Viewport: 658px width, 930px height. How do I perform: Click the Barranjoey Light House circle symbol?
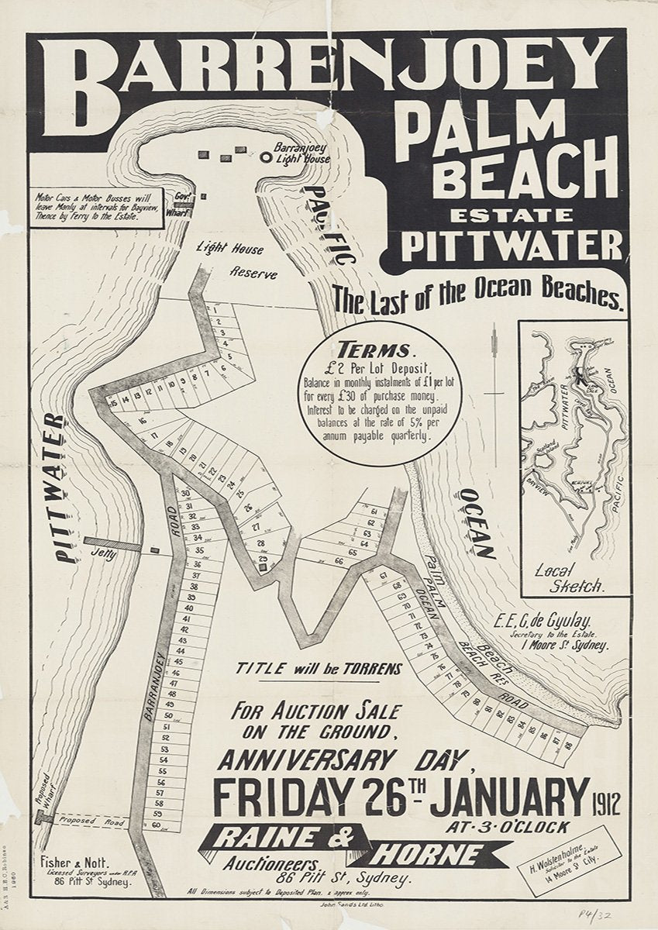click(x=266, y=157)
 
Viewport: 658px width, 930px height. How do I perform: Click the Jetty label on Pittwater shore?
click(x=102, y=554)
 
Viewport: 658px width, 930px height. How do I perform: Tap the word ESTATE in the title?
click(x=508, y=213)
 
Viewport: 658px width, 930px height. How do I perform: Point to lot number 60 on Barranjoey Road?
click(x=156, y=825)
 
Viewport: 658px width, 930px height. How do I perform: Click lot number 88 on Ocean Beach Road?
click(x=569, y=746)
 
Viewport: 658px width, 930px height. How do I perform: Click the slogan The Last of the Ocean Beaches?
click(x=478, y=297)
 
